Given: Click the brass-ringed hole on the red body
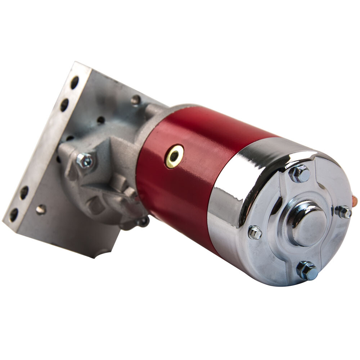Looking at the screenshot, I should [x=175, y=156].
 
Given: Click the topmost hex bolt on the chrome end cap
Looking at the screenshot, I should [x=300, y=174].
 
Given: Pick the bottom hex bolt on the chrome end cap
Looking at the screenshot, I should [x=307, y=270].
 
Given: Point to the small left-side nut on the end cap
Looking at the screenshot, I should [x=255, y=232].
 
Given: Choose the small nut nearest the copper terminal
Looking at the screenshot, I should [x=344, y=212].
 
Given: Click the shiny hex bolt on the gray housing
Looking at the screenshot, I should [x=85, y=161].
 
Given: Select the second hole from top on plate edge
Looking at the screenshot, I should [x=64, y=104].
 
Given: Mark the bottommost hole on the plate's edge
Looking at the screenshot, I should [x=14, y=215].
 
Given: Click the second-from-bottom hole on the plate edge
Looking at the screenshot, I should [x=24, y=193].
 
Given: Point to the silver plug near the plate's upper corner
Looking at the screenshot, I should [x=135, y=100].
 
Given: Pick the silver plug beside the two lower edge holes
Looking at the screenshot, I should [x=41, y=209].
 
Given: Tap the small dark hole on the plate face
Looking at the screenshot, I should [x=100, y=120].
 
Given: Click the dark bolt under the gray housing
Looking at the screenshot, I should [x=143, y=222].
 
